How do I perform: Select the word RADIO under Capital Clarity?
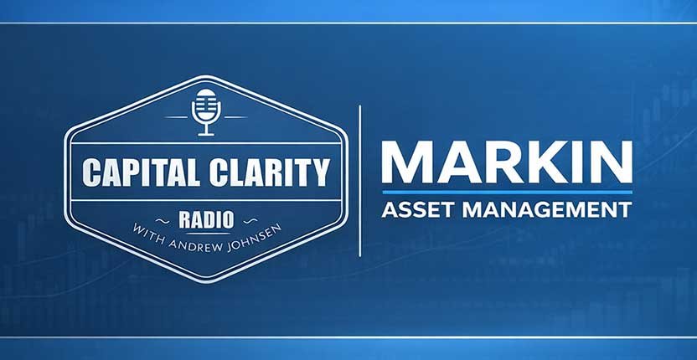point(205,219)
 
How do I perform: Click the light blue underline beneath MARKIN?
point(506,192)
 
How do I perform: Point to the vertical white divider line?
point(359,180)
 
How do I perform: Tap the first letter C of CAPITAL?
point(90,173)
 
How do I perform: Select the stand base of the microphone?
point(205,133)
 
